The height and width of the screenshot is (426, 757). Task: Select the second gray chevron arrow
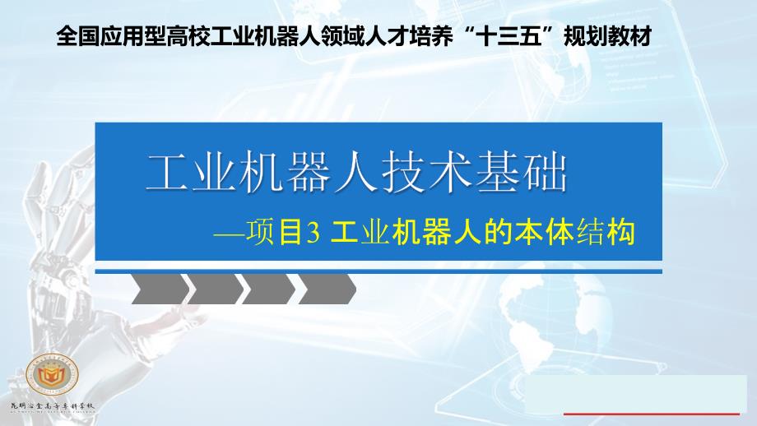(216, 289)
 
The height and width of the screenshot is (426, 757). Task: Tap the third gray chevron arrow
(270, 289)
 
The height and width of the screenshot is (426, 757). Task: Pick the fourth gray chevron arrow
(327, 289)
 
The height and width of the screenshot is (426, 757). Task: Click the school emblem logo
(52, 374)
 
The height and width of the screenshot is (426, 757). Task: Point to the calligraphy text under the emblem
(53, 406)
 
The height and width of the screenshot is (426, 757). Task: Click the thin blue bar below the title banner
(378, 267)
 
